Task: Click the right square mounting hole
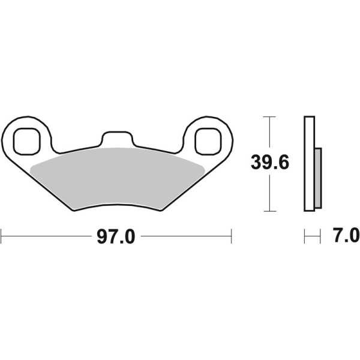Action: point(206,139)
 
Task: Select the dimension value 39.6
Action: point(271,163)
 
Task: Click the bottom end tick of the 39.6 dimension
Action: point(271,211)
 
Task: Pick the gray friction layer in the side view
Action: point(318,177)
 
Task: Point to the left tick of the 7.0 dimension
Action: point(305,236)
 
